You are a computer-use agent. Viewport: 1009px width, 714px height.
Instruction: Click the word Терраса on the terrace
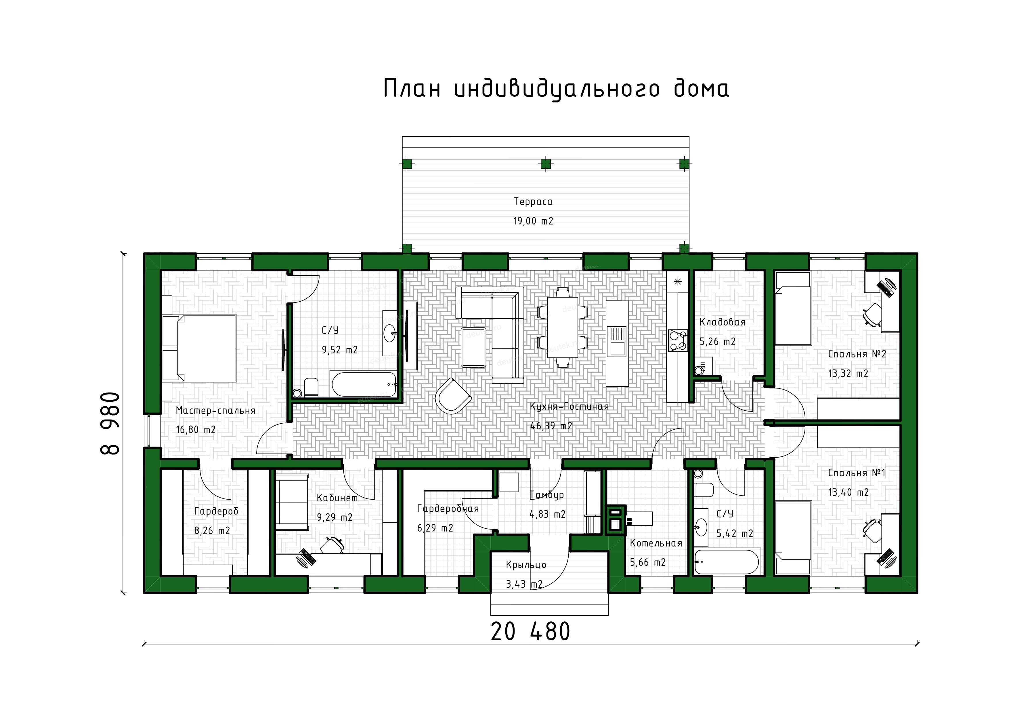click(x=533, y=202)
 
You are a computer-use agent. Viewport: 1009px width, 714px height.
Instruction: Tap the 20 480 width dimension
click(x=530, y=632)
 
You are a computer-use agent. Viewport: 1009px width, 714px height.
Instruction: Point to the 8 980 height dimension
click(x=110, y=423)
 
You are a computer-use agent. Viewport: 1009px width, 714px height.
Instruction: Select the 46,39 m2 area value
click(x=551, y=426)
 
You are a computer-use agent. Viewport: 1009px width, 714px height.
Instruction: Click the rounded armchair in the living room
click(x=453, y=396)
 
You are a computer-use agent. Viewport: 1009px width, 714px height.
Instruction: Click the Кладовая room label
click(x=723, y=322)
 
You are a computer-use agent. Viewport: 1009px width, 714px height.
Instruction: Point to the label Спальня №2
click(x=857, y=354)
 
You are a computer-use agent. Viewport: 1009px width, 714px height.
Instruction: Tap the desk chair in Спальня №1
click(x=872, y=528)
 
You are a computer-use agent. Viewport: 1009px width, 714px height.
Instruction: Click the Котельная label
click(x=656, y=543)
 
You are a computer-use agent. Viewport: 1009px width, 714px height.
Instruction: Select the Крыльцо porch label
click(x=526, y=565)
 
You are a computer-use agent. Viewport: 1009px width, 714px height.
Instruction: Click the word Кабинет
click(x=337, y=498)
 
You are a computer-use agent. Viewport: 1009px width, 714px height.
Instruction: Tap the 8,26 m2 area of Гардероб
click(x=212, y=531)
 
